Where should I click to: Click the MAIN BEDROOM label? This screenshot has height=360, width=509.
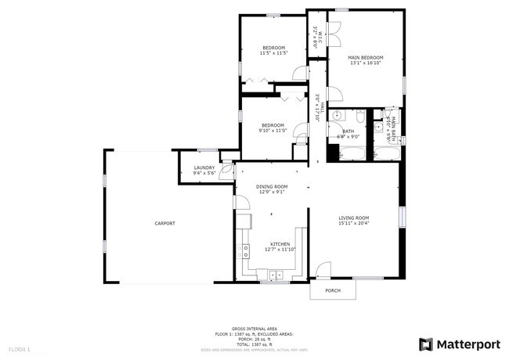[x=366, y=57]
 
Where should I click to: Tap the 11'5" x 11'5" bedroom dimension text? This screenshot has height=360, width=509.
[x=274, y=53]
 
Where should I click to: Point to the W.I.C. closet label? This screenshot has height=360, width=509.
[x=316, y=38]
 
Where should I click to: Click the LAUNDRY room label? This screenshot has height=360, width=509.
[x=204, y=170]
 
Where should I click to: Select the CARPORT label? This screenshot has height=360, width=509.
[x=164, y=224]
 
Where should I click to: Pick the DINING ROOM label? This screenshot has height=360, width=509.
[x=273, y=186]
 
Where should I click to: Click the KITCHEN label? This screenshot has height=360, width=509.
[x=280, y=244]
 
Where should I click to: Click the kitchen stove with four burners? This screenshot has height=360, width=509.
[x=245, y=251]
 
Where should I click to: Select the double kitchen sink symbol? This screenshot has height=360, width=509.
[x=276, y=275]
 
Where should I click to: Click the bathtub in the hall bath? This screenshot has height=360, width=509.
[x=352, y=152]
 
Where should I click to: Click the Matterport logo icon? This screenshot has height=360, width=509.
[x=425, y=344]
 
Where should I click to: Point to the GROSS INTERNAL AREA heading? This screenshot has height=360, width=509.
[x=254, y=329]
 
